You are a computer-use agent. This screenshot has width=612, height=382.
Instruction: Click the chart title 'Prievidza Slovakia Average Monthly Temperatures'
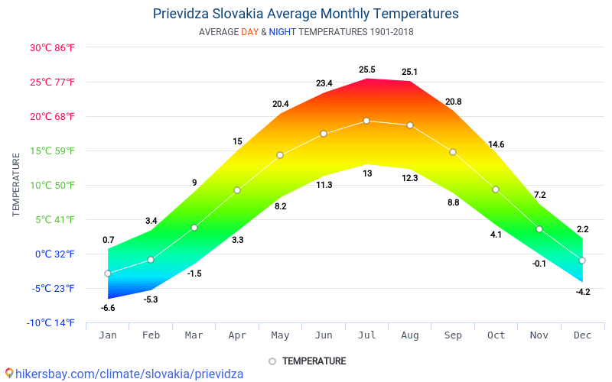tap(306, 14)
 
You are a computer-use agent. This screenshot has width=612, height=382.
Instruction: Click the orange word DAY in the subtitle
tap(249, 32)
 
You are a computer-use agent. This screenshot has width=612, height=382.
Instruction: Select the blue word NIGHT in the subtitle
tap(282, 32)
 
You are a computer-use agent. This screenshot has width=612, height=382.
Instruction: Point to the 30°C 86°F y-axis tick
tap(52, 47)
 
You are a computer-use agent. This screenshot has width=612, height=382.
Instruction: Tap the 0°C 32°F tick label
tap(52, 254)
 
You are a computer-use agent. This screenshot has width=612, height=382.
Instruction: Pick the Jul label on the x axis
tap(366, 335)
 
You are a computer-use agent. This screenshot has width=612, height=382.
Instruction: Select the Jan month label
tap(108, 335)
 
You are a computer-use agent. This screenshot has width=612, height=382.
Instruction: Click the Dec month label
tap(582, 335)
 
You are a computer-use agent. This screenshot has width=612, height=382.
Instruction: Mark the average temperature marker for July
tap(366, 121)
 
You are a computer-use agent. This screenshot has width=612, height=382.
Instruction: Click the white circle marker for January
tap(108, 274)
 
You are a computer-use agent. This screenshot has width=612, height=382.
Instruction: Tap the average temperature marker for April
tap(237, 190)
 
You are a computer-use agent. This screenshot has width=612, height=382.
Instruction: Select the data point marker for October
tap(496, 189)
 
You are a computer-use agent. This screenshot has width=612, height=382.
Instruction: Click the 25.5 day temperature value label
tap(367, 70)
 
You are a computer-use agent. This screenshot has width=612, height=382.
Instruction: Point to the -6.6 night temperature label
tap(108, 308)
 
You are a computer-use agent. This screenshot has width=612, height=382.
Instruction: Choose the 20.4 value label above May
tap(281, 104)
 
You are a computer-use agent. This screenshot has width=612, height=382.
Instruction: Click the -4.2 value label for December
tap(582, 292)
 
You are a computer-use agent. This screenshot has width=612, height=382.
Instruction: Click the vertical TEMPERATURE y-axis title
tap(16, 184)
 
